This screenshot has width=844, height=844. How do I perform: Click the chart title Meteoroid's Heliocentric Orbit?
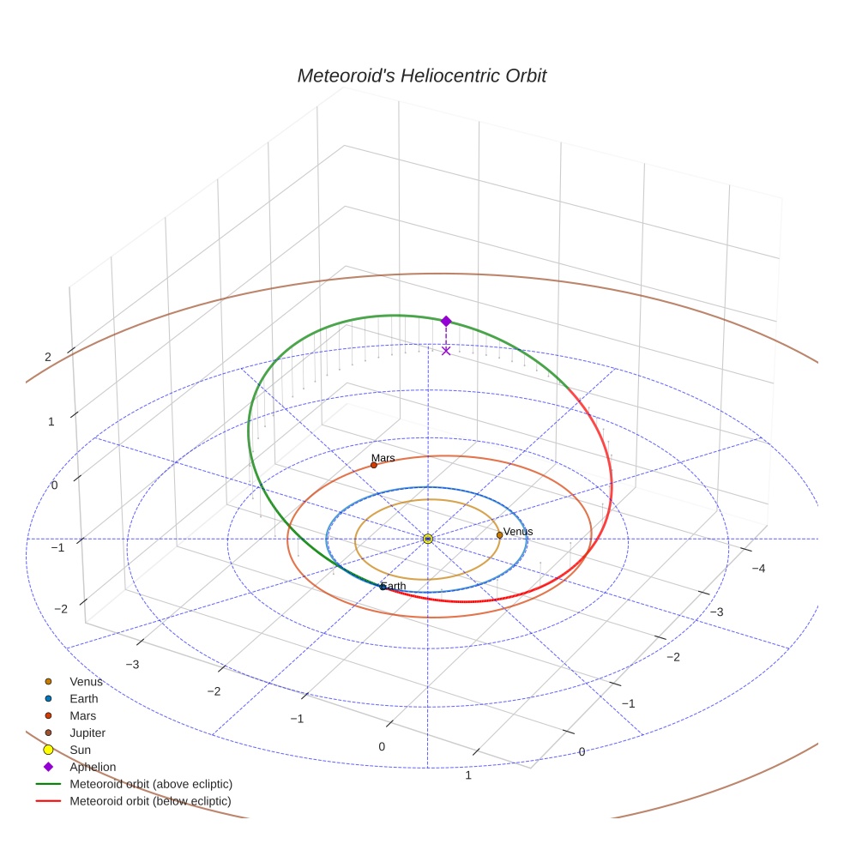422,75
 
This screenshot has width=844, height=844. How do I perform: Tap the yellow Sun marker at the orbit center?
428,539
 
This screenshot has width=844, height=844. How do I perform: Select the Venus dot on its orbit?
499,535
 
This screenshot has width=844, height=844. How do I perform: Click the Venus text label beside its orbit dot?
518,531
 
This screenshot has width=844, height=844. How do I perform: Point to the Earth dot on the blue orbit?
383,587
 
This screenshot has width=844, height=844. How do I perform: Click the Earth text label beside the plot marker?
394,586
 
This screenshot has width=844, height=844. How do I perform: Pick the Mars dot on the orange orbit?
374,465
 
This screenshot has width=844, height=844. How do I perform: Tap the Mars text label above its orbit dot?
383,458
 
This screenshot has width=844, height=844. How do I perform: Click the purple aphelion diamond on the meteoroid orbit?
446,322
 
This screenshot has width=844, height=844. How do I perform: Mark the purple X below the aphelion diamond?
446,351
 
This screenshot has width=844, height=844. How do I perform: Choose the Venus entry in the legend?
75,681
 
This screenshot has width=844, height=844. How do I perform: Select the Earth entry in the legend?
71,699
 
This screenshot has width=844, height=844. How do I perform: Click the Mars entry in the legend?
70,716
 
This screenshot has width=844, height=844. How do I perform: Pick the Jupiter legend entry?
75,733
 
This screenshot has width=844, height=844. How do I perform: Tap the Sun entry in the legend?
67,750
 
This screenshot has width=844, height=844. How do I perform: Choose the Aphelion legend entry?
80,767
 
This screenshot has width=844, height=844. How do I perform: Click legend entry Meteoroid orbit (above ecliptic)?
134,784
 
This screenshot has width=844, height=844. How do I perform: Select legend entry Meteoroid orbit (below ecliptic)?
134,801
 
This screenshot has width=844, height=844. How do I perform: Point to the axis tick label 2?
48,357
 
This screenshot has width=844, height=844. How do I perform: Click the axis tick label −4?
758,569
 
